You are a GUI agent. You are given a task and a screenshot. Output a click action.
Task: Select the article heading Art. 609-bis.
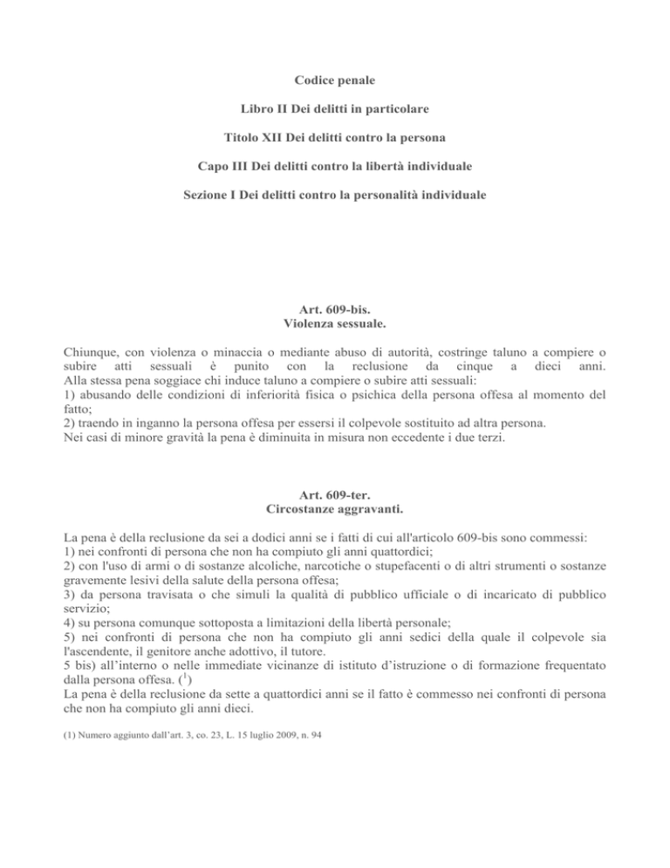tap(334, 307)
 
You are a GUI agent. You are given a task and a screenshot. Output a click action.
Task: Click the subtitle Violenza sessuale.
tap(334, 322)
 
